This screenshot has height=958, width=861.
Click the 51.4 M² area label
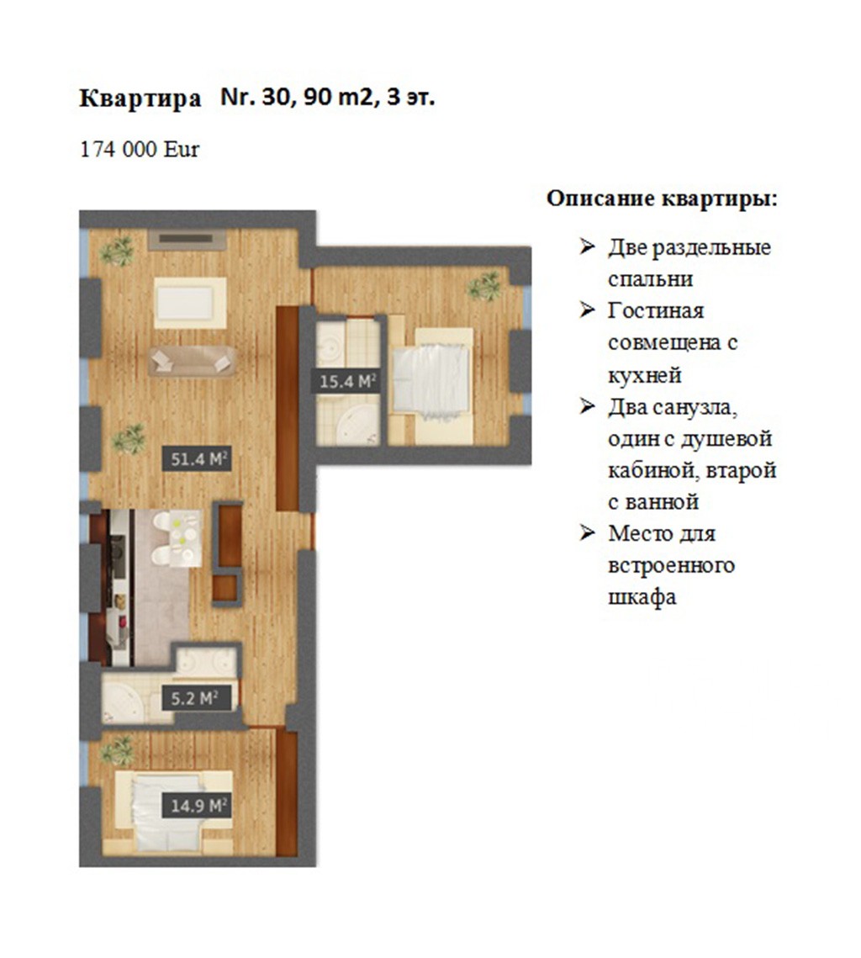(x=196, y=458)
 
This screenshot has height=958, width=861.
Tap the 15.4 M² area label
(x=346, y=382)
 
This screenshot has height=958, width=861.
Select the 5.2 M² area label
(x=196, y=698)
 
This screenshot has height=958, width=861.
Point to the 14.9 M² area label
(x=196, y=805)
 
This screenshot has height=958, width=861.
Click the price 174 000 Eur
(x=140, y=150)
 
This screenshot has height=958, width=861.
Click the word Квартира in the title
(x=140, y=98)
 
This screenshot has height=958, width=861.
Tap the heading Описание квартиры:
(x=662, y=199)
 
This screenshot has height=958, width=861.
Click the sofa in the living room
(x=193, y=361)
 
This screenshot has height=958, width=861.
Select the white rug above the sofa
(x=190, y=303)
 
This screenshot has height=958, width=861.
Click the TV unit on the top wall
(x=188, y=240)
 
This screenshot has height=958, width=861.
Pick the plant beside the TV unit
(x=118, y=251)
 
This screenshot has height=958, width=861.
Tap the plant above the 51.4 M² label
(x=129, y=438)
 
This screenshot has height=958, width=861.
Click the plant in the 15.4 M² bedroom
(x=485, y=286)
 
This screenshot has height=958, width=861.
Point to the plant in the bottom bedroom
(x=117, y=750)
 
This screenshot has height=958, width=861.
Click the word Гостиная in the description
(x=656, y=311)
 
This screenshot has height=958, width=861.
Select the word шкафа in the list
(x=642, y=597)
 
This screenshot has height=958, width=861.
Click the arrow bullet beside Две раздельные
(x=588, y=246)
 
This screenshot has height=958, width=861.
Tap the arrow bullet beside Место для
(x=588, y=532)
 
